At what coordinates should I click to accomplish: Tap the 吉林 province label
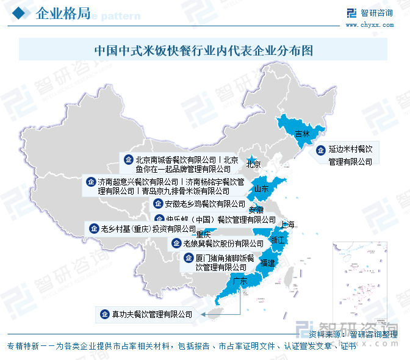302,134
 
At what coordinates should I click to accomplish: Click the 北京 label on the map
253,164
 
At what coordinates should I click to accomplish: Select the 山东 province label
262,189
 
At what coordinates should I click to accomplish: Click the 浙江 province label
278,240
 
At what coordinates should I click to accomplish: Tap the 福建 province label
267,264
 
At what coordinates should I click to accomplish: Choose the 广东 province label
240,281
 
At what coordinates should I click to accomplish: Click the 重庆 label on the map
203,235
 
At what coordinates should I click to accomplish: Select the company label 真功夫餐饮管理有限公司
152,315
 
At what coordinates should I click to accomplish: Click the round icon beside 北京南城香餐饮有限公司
128,159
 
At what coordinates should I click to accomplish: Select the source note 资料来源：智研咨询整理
353,334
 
